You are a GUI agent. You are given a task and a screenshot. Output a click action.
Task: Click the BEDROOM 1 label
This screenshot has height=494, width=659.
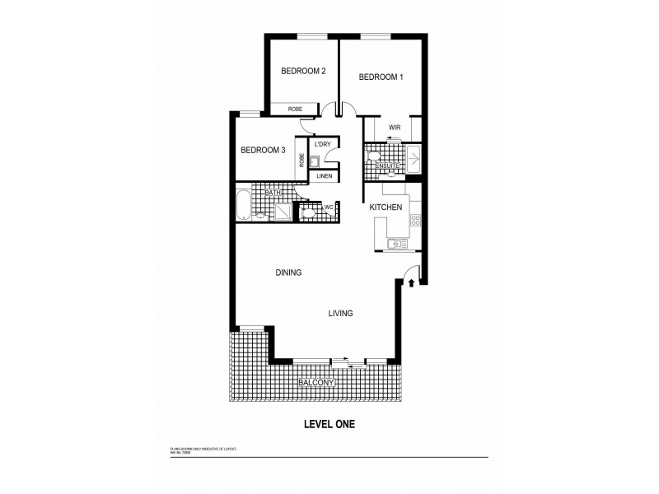pyautogui.click(x=381, y=77)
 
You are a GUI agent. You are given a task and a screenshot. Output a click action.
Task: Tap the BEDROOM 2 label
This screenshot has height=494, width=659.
pyautogui.click(x=302, y=72)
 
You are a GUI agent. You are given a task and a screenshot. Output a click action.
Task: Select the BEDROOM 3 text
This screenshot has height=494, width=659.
pyautogui.click(x=263, y=150)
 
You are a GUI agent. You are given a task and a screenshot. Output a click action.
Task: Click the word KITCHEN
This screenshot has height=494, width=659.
pyautogui.click(x=386, y=207)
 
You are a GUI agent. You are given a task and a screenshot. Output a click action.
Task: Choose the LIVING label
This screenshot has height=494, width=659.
pyautogui.click(x=340, y=314)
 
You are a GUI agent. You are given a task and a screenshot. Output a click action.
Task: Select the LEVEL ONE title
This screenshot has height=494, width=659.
pyautogui.click(x=327, y=425)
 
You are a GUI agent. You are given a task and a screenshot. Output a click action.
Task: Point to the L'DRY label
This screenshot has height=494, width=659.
pyautogui.click(x=322, y=145)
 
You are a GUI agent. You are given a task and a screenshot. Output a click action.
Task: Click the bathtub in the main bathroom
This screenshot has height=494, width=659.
pyautogui.click(x=243, y=206)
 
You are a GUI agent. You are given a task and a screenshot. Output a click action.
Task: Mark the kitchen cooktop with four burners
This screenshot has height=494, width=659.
pyautogui.click(x=414, y=220)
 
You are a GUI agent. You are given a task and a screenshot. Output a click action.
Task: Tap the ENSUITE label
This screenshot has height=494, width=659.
pyautogui.click(x=387, y=167)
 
